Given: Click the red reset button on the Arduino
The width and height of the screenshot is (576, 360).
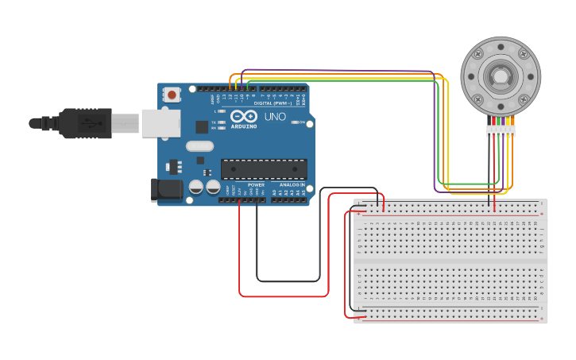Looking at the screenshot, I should [x=172, y=95].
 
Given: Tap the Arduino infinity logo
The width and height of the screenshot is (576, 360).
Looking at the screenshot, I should [x=243, y=117].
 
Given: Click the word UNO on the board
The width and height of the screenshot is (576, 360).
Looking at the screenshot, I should [x=275, y=117].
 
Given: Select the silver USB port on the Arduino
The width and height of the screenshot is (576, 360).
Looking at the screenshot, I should [x=160, y=123].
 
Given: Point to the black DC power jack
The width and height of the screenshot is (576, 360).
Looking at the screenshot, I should [x=166, y=189].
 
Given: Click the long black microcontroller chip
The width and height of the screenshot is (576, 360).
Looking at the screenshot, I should [x=264, y=168].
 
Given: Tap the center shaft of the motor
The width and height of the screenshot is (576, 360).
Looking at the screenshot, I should [x=501, y=76].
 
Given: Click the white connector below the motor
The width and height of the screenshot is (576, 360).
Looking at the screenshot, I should [x=501, y=131].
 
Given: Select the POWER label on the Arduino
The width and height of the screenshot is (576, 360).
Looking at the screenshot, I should [x=256, y=185].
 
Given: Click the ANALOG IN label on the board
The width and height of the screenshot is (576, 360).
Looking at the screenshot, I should [x=292, y=185].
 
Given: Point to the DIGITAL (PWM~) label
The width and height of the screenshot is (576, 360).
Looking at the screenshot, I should [x=273, y=103].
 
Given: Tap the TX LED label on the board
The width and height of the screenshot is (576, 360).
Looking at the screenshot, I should [x=214, y=122].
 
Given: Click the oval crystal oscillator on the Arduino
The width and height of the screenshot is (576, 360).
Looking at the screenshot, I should [x=200, y=146].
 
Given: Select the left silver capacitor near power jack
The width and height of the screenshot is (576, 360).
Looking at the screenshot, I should [x=195, y=188].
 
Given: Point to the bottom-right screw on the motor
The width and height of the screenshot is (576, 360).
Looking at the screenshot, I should [x=524, y=99].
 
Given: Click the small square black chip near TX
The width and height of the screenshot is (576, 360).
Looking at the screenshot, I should [x=202, y=126].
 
